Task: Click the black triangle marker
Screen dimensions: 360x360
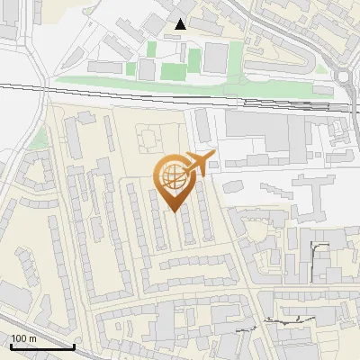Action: pyautogui.click(x=181, y=24)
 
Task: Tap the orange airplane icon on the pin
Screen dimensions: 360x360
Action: pyautogui.click(x=199, y=164)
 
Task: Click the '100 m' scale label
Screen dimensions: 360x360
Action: pyautogui.click(x=23, y=338)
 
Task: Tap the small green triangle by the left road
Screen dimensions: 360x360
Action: pyautogui.click(x=37, y=139)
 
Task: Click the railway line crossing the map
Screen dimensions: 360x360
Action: pyautogui.click(x=180, y=90)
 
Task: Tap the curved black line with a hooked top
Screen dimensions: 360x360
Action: pyautogui.click(x=317, y=256)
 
